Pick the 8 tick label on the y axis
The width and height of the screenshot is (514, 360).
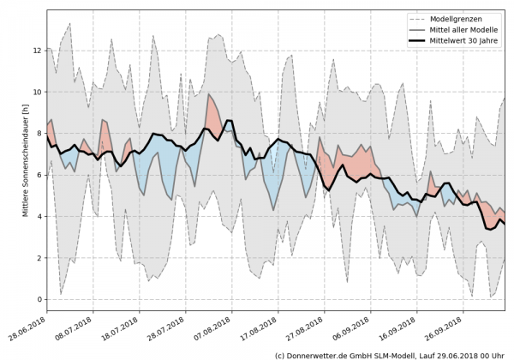pos(39,133)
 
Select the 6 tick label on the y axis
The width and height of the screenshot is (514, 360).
pos(39,175)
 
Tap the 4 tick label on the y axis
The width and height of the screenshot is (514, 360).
pos(39,216)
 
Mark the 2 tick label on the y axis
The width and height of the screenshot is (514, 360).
pos(39,258)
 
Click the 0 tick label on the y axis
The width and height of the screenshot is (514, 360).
pos(39,299)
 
